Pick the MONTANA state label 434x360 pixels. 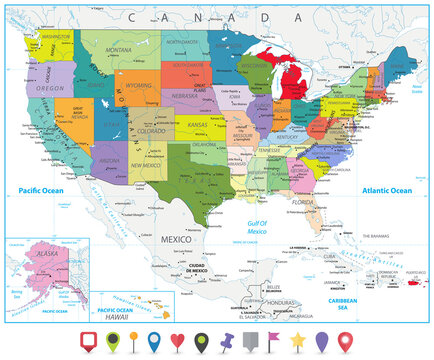coord(119,49)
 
